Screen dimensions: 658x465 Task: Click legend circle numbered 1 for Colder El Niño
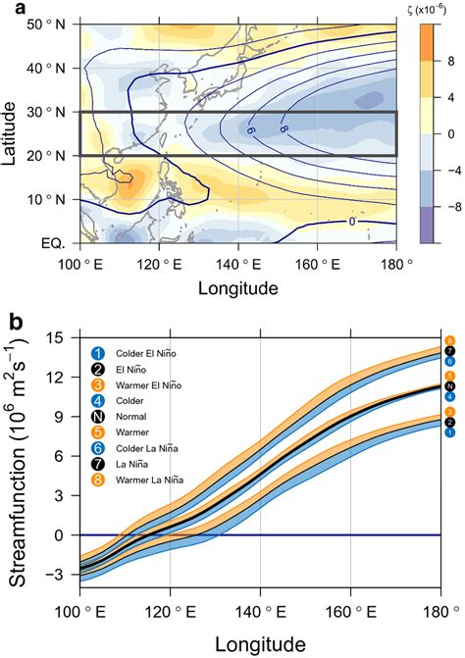[x=98, y=354]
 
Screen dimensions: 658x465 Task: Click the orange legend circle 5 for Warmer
[x=98, y=461]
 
